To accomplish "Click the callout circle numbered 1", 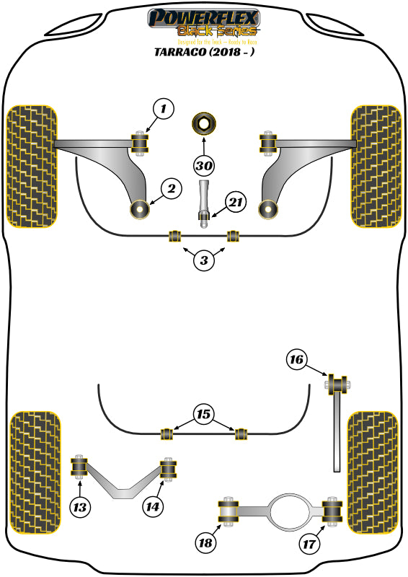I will pos(164,110).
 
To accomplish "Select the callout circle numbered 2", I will pos(171,190).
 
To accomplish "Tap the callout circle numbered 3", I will pos(204,260).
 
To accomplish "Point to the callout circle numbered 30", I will pos(204,165).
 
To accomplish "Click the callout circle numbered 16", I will pos(297,359).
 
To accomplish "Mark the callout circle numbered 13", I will pos(81,508).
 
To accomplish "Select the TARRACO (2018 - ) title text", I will pos(204,52).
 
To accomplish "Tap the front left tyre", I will pos(30,166).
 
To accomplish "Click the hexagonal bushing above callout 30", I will pos(204,125).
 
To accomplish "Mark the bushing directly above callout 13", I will pos(79,467).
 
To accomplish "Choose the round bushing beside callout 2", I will pos(138,210).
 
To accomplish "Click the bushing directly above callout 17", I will pos(332,511).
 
